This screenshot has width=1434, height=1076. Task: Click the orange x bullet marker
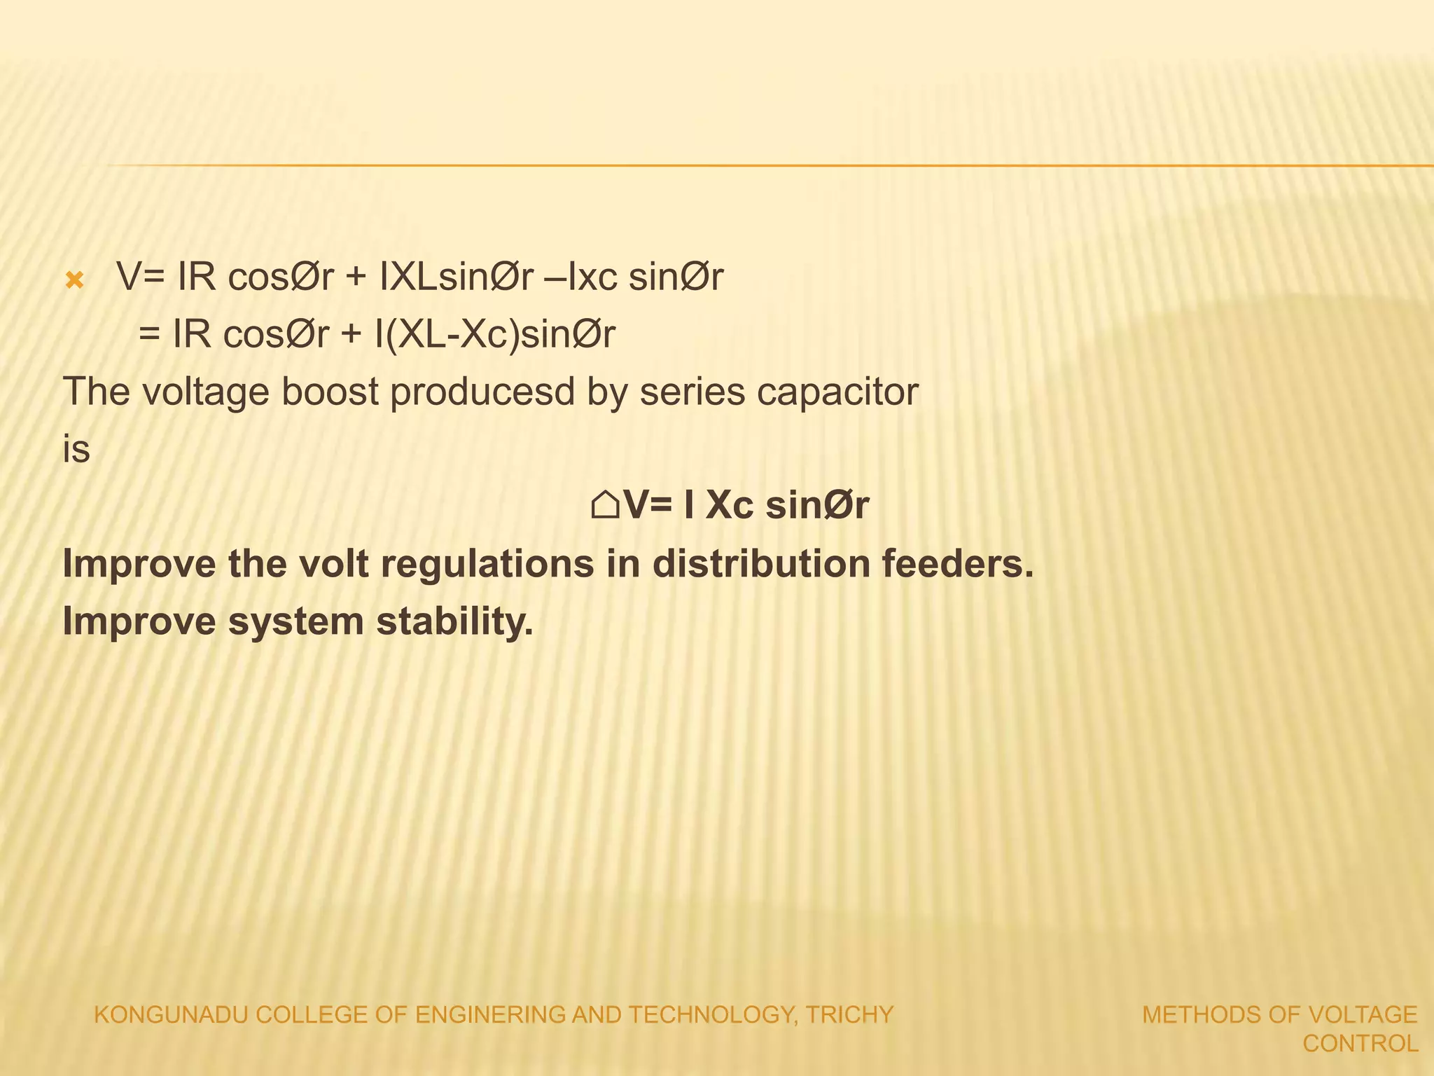(74, 281)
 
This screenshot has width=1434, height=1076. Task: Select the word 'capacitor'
(837, 392)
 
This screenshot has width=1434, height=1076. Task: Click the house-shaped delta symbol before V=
(604, 504)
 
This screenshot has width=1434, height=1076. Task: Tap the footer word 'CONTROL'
(1360, 1044)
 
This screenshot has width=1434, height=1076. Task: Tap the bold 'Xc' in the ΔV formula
(729, 504)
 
